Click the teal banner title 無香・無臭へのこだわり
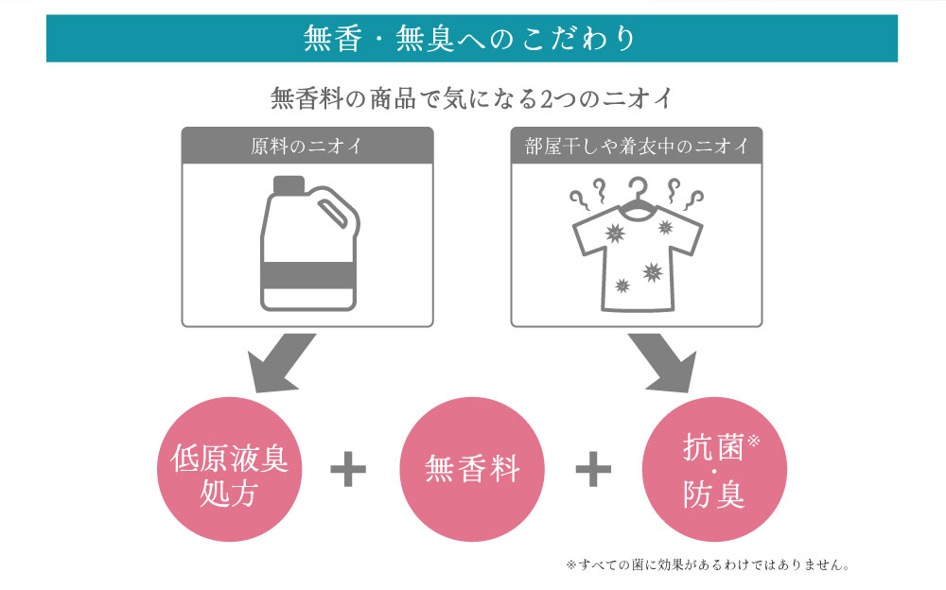click(469, 39)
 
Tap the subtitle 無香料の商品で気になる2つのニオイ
click(471, 98)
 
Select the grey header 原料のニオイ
click(307, 146)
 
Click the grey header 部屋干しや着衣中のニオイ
click(637, 146)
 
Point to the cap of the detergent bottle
click(289, 185)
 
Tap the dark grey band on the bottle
click(307, 275)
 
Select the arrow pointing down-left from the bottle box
click(281, 363)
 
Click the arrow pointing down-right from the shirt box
click(662, 363)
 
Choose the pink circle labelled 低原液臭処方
click(229, 469)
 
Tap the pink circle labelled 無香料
click(472, 469)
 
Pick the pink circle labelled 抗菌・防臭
click(714, 469)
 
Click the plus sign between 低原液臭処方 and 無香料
click(349, 469)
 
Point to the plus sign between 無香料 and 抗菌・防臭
click(594, 469)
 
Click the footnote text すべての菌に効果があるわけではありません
click(712, 565)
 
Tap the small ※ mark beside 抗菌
click(753, 441)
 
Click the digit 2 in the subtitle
click(546, 99)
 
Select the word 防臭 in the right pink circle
click(713, 495)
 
